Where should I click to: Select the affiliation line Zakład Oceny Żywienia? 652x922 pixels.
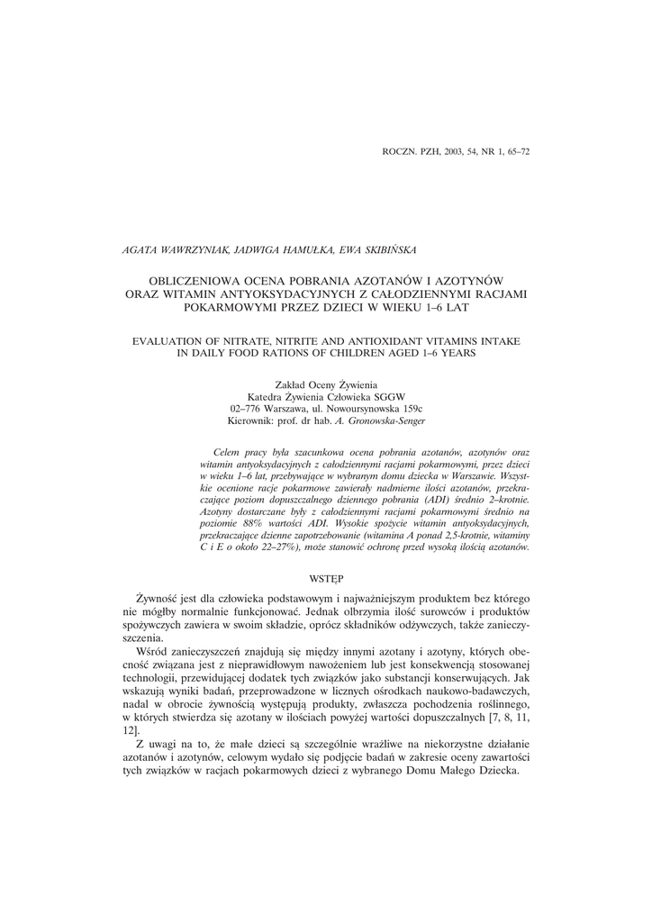[x=326, y=384]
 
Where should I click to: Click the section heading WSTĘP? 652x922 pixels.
[x=325, y=576]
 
